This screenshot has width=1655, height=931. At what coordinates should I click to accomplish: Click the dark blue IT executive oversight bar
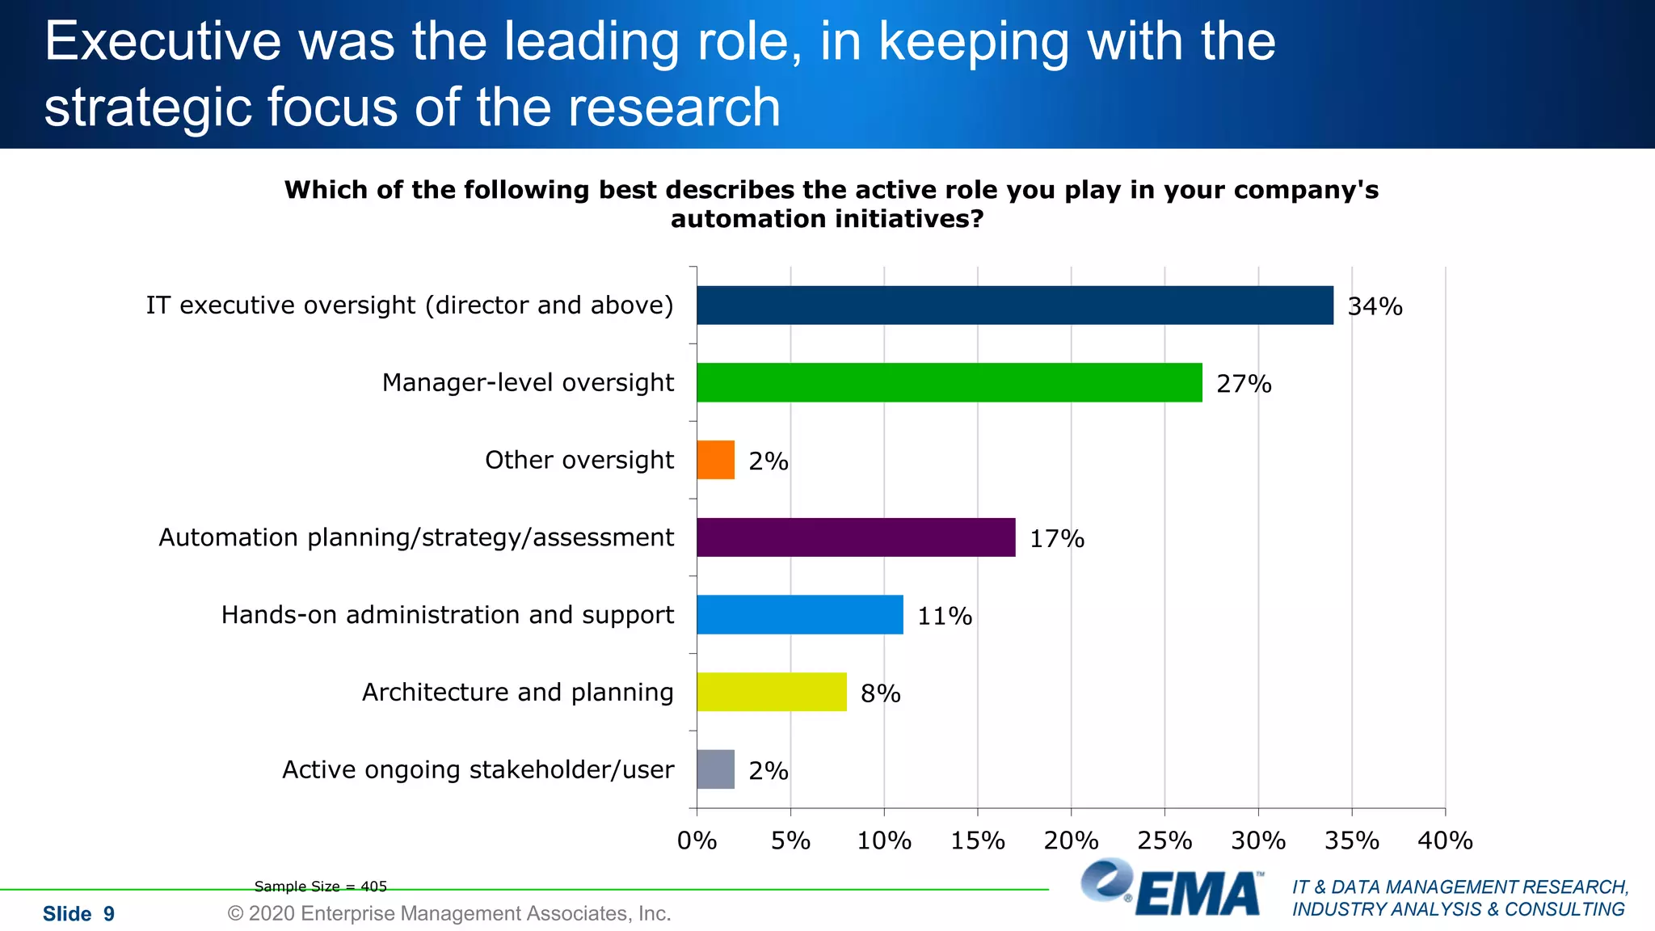(x=1014, y=305)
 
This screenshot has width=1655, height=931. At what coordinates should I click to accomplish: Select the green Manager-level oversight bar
(x=949, y=382)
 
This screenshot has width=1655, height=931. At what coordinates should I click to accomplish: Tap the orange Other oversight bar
(x=715, y=460)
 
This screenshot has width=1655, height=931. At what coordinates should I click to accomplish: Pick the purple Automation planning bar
(x=856, y=537)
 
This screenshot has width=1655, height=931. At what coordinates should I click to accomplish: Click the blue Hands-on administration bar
(x=799, y=615)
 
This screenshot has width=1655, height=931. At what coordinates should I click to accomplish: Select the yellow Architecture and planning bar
(x=771, y=692)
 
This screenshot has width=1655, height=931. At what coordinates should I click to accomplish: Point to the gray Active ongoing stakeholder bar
(x=715, y=769)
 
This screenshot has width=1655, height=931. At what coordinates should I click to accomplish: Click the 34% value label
(x=1375, y=306)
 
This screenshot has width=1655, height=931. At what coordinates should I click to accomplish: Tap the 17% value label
(x=1056, y=538)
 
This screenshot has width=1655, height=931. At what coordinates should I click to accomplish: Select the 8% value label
(x=880, y=693)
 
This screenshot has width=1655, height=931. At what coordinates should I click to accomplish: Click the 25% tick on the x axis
(x=1164, y=840)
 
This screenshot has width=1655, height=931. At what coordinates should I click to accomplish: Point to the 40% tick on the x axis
(x=1445, y=840)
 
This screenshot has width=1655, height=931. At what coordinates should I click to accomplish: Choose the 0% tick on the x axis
(x=697, y=840)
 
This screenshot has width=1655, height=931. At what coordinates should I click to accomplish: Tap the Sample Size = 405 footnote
(x=320, y=887)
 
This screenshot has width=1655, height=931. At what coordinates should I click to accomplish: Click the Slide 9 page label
(x=78, y=914)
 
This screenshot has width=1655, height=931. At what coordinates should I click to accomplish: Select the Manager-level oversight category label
(x=528, y=382)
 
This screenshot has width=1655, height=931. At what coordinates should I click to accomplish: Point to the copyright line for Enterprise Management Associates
(x=449, y=913)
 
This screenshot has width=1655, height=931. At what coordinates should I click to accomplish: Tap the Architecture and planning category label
(x=517, y=692)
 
